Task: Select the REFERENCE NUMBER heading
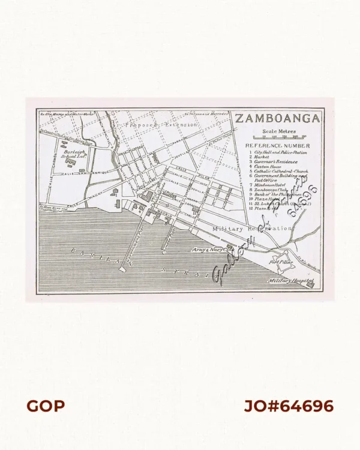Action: click(281, 146)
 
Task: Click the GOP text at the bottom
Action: click(46, 406)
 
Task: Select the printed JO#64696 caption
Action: click(288, 406)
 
